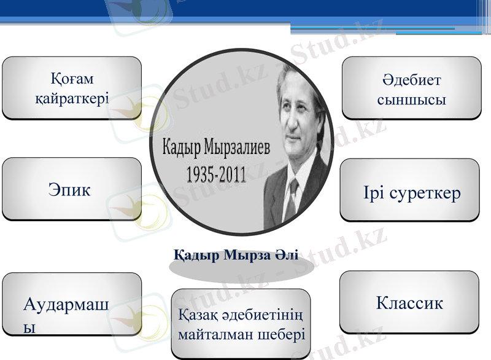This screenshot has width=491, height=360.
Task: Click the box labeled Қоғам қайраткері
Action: click(72, 88)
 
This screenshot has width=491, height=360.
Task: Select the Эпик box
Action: click(72, 189)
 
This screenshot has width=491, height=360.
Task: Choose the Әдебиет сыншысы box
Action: click(411, 88)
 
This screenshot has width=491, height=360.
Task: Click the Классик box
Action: click(409, 302)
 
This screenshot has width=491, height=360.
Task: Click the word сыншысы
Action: click(411, 99)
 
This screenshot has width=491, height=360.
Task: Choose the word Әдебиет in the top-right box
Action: click(411, 80)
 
